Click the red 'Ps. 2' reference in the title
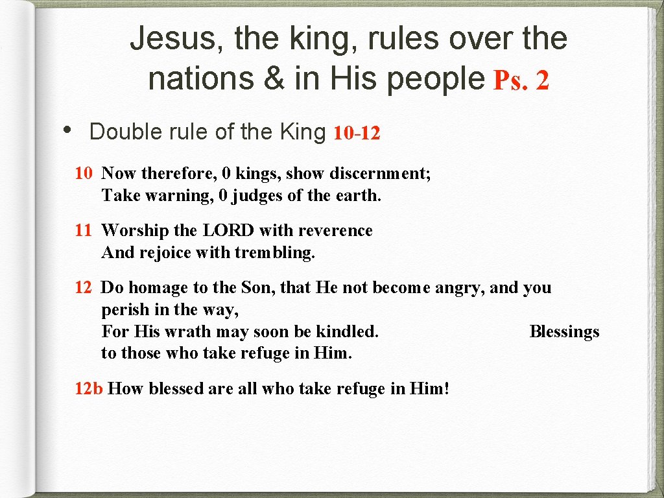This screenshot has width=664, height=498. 521,81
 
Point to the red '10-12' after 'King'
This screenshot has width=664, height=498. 356,134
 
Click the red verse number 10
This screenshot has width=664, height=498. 83,173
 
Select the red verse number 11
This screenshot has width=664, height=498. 83,230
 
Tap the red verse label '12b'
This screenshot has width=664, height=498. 89,388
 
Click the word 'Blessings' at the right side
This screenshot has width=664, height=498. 564,331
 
